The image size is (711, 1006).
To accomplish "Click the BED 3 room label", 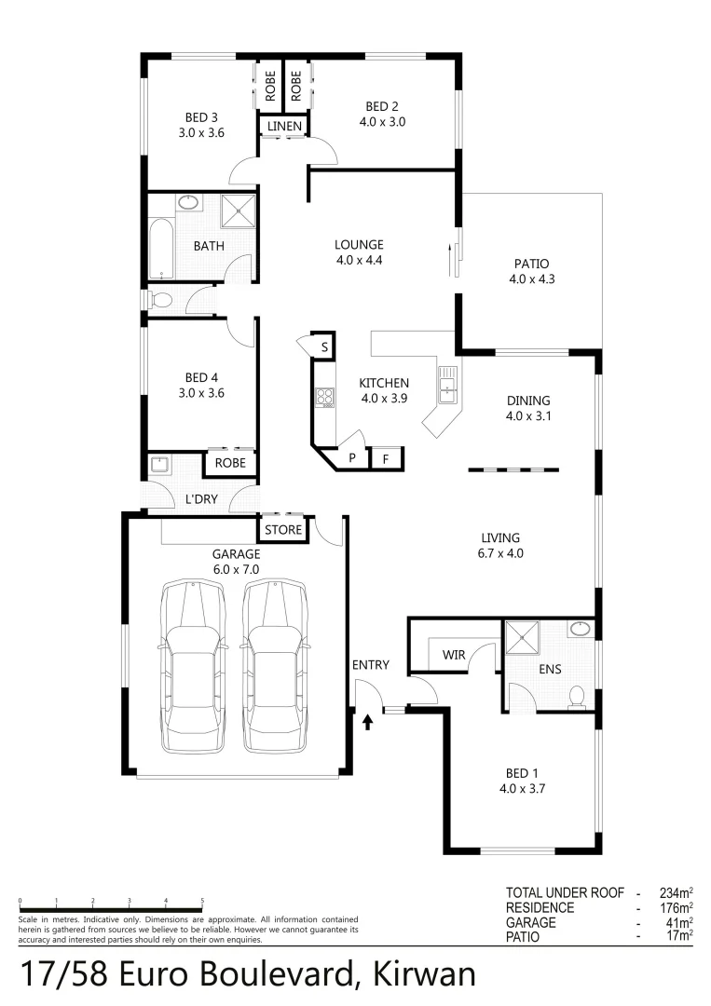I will click(x=201, y=117).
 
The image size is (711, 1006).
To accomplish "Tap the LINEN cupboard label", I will click(x=284, y=126).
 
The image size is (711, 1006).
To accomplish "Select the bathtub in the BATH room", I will click(x=162, y=249).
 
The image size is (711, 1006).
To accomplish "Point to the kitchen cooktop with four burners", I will click(x=324, y=398).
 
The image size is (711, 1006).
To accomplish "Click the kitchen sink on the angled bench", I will click(x=448, y=384).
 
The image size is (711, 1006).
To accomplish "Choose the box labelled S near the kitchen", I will click(x=323, y=347).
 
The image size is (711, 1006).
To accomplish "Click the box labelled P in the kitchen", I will click(x=352, y=457).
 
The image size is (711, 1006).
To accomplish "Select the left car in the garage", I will click(x=195, y=665).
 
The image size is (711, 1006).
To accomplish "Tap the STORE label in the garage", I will click(x=283, y=530).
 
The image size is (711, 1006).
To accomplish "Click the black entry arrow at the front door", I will click(x=368, y=719).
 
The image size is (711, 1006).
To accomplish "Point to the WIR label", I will click(x=453, y=655).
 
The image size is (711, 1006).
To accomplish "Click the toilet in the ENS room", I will click(x=577, y=697).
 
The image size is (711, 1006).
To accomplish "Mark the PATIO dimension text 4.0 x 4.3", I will click(x=532, y=279).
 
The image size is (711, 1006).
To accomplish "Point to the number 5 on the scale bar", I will click(x=202, y=901).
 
